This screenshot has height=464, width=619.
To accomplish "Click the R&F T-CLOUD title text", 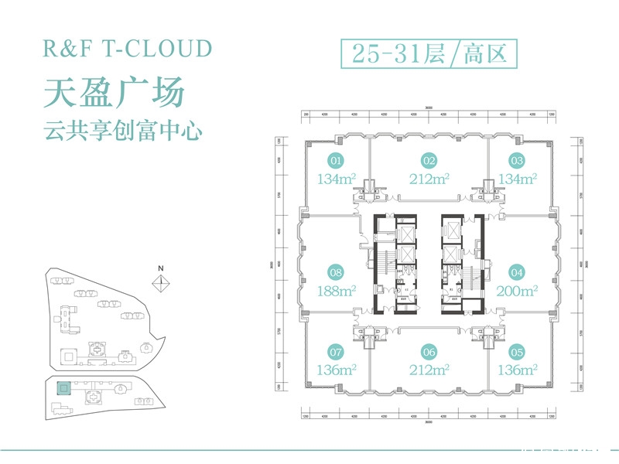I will click(128, 48).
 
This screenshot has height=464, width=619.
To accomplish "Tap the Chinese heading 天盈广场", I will click(115, 92).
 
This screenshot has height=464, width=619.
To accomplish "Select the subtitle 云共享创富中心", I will click(123, 131).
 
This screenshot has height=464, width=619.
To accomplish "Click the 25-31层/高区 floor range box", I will click(428, 53).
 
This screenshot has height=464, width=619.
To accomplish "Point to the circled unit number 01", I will click(336, 162).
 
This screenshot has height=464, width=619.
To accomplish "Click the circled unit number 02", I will click(429, 162).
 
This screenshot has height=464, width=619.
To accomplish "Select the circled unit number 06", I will click(429, 350).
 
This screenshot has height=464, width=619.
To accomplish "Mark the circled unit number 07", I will click(336, 350).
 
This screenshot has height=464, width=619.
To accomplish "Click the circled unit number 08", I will click(336, 272).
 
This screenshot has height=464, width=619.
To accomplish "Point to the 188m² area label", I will click(336, 292).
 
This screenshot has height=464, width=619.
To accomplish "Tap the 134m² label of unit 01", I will click(336, 180).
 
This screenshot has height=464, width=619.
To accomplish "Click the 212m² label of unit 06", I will click(429, 369).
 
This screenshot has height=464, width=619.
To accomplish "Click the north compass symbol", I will click(161, 283).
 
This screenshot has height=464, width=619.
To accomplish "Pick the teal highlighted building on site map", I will click(63, 389).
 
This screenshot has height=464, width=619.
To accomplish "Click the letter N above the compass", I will click(161, 268).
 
